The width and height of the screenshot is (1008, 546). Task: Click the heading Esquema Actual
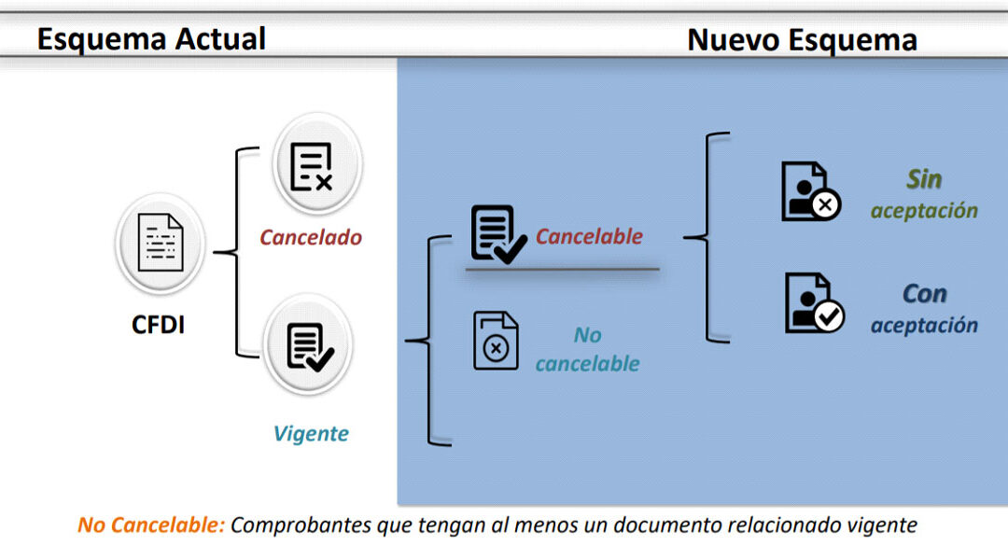point(151,38)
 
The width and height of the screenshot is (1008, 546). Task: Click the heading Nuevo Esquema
point(802,40)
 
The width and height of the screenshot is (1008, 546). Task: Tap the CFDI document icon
point(160,243)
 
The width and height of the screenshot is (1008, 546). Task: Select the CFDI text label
point(158,326)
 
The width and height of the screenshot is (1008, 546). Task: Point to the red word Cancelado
point(311,237)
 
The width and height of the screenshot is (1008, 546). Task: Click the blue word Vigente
point(311,433)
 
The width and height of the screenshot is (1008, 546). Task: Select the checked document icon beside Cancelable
point(496,233)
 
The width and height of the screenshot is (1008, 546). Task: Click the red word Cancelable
point(589,236)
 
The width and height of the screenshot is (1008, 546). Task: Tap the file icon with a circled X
point(496,341)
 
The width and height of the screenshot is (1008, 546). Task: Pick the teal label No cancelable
point(587,349)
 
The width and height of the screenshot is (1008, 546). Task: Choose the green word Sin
point(924,178)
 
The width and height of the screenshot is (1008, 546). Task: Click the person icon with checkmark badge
point(812,304)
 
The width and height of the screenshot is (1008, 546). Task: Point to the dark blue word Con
point(924,294)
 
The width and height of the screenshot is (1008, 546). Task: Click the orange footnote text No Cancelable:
point(151,525)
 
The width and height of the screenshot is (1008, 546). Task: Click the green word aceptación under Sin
point(924,211)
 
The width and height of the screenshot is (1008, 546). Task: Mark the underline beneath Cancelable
point(562,269)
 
